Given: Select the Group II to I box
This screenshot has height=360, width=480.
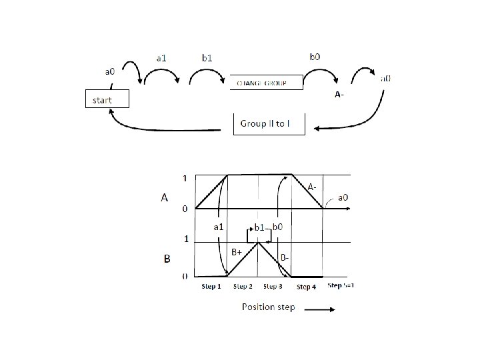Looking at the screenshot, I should click(x=269, y=125).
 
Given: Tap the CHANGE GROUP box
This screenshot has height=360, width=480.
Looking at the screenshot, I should click(x=266, y=83).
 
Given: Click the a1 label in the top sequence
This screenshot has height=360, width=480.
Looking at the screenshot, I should click(x=161, y=58).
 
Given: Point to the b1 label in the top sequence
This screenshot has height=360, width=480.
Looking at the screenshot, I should click(x=207, y=58).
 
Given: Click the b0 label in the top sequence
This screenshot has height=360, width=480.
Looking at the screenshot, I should click(x=315, y=56).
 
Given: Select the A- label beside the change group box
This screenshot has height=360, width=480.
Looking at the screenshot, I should click(x=339, y=95).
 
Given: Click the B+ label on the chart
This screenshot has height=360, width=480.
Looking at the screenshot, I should click(x=237, y=253).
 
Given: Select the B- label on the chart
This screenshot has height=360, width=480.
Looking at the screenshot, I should click(x=284, y=257).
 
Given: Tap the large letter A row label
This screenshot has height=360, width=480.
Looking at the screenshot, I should click(x=163, y=197).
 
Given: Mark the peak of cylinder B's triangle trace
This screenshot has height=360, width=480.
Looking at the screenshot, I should click(x=259, y=242).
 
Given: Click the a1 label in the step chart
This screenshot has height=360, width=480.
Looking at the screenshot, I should click(x=217, y=227).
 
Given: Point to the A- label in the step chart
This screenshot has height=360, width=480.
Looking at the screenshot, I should click(x=314, y=186).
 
